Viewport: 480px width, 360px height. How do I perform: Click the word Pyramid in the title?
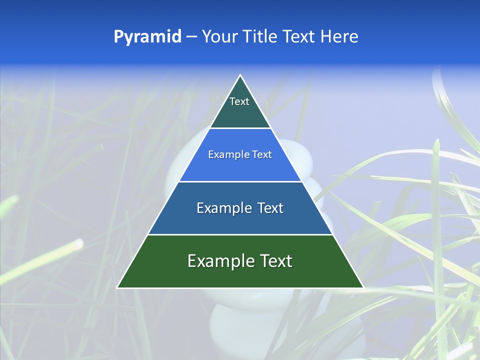(x=147, y=37)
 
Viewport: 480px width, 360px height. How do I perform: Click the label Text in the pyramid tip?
(x=239, y=101)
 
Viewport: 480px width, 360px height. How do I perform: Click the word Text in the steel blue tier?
(x=270, y=208)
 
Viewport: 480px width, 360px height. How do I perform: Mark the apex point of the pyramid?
(x=240, y=75)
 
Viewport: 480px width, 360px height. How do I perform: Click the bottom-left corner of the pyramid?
(x=117, y=287)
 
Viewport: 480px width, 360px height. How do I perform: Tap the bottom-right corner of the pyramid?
(x=363, y=287)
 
